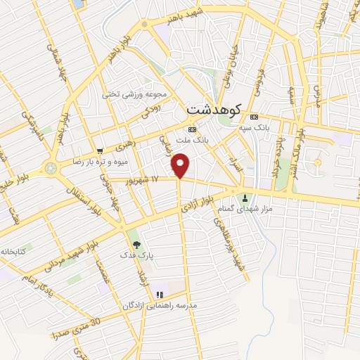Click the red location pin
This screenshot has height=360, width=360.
click(x=181, y=166)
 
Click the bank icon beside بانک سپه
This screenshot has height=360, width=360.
click(x=254, y=117)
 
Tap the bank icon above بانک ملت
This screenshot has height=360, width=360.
click(x=193, y=131)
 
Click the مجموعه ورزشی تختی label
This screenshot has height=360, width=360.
click(x=134, y=94)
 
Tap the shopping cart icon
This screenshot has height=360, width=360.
click(x=101, y=150)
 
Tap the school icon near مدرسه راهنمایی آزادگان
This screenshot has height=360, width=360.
click(x=160, y=294)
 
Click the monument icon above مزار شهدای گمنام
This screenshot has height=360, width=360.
click(x=245, y=198)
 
